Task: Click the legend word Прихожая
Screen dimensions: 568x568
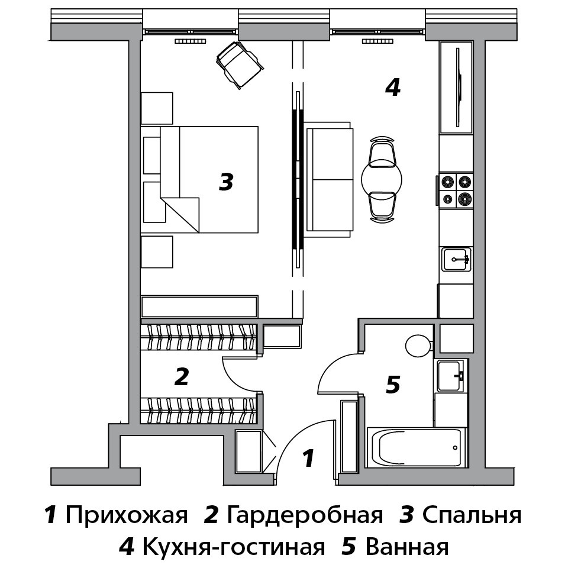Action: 127,515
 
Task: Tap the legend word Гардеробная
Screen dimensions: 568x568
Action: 305,515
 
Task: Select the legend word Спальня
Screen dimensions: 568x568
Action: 472,515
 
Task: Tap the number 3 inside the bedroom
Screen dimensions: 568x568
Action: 227,182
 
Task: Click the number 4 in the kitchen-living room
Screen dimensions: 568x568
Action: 393,88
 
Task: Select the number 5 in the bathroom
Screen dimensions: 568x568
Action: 393,385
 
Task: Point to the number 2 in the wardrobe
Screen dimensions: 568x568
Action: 182,377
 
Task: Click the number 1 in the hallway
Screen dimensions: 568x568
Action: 308,459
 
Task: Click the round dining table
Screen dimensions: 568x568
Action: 382,179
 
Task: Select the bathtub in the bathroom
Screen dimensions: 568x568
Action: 417,448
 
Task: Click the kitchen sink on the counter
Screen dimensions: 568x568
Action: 456,259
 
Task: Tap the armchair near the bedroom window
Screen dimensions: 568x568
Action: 240,64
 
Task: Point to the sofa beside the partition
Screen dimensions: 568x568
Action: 329,179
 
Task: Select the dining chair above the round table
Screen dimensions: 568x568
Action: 382,151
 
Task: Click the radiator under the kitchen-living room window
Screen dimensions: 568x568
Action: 377,41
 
